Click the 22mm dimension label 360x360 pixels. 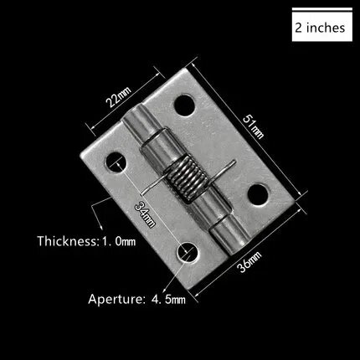[x=118, y=97]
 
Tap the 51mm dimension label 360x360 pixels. [x=253, y=126]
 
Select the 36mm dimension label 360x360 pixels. [x=249, y=262]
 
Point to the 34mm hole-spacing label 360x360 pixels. [x=145, y=214]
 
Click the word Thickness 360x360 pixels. [x=67, y=240]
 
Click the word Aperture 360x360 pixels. [x=116, y=299]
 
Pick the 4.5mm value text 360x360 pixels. [x=168, y=300]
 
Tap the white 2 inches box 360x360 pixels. [x=322, y=25]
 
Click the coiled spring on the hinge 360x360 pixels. [x=185, y=177]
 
